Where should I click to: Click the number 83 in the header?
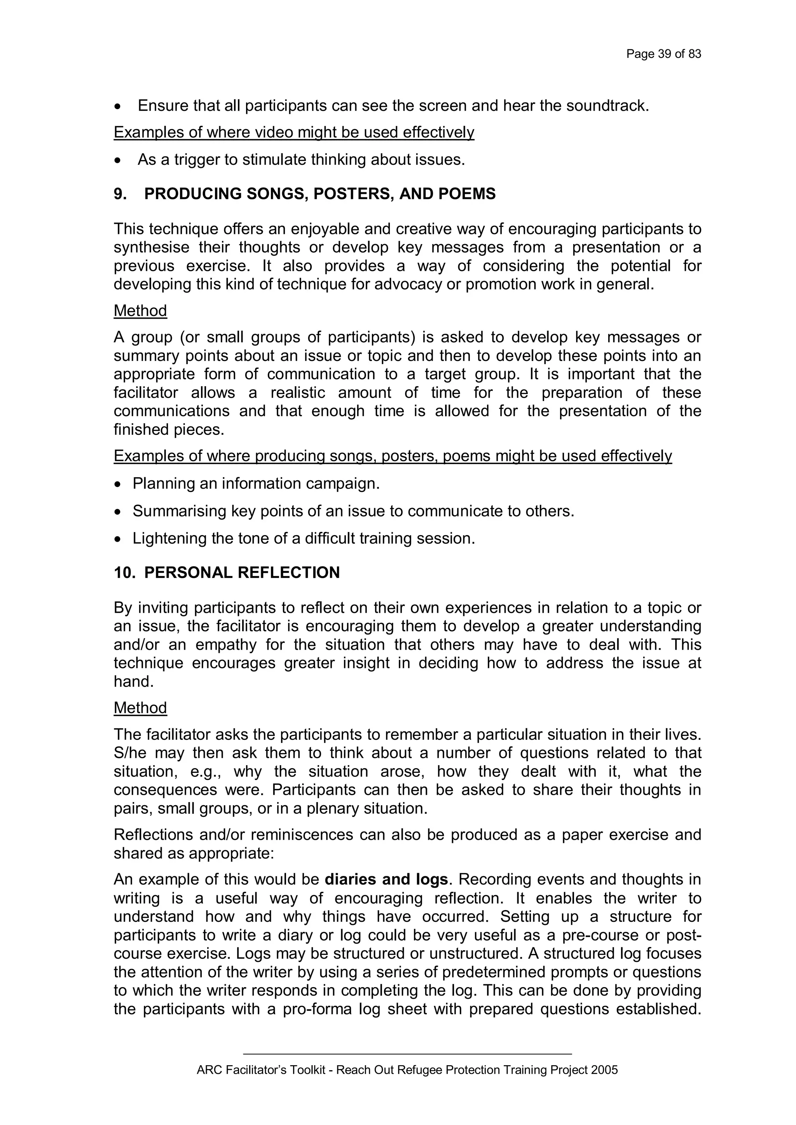pyautogui.click(x=695, y=54)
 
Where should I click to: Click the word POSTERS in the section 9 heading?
pyautogui.click(x=353, y=194)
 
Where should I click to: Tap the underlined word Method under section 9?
pyautogui.click(x=140, y=310)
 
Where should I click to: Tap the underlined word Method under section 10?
pyautogui.click(x=140, y=708)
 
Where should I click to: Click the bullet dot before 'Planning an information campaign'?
pyautogui.click(x=117, y=484)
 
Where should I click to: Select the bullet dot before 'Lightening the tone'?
pyautogui.click(x=117, y=539)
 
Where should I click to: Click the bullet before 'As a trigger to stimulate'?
pyautogui.click(x=117, y=160)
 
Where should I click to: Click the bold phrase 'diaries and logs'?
pyautogui.click(x=386, y=879)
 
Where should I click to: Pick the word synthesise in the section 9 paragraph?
pyautogui.click(x=152, y=248)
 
